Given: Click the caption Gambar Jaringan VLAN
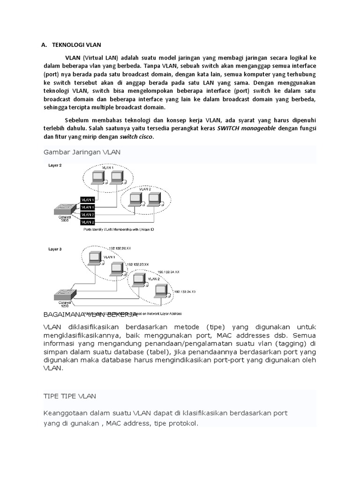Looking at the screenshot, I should [82, 152].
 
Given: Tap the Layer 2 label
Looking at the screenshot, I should [55, 165].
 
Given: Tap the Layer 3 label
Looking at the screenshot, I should [55, 249].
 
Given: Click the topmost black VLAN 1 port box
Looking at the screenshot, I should [88, 199].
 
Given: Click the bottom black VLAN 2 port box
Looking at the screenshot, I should [88, 222].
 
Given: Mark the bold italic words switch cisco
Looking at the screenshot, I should [136, 137].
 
